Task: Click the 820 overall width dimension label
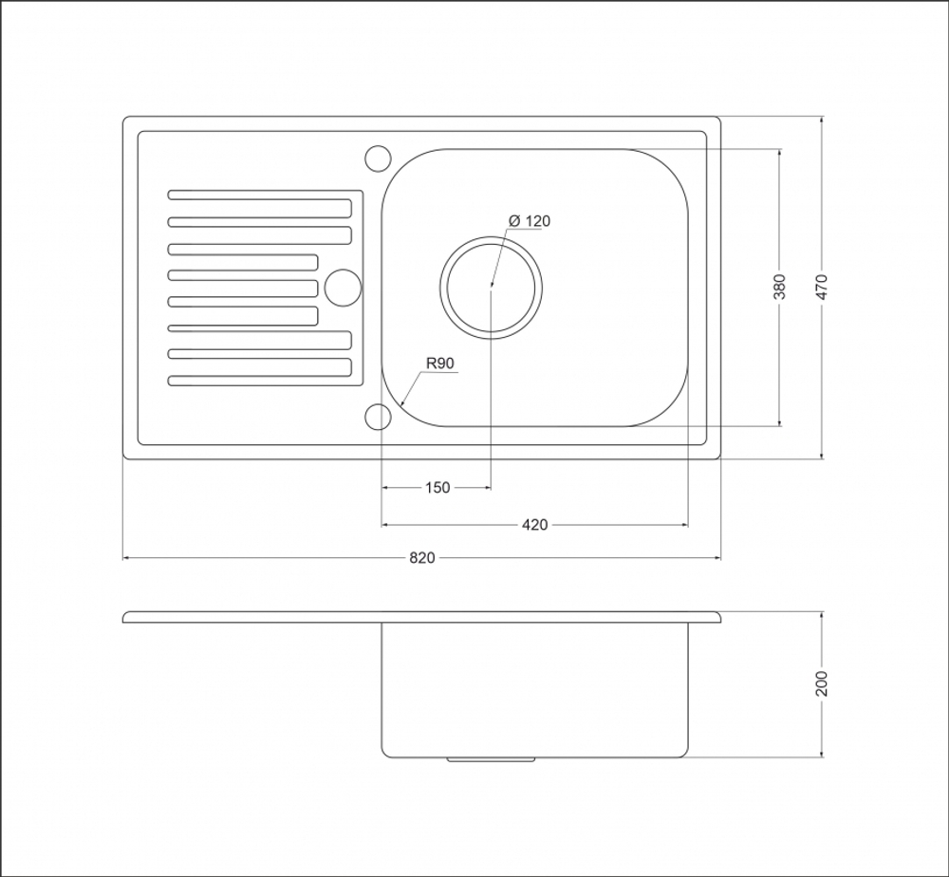(x=422, y=557)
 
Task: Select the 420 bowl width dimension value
(x=534, y=525)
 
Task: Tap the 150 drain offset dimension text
(x=437, y=487)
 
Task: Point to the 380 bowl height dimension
(x=779, y=287)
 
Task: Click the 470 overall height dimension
(x=821, y=287)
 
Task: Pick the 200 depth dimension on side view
(x=821, y=683)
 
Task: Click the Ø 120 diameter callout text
(x=530, y=221)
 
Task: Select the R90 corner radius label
(x=440, y=364)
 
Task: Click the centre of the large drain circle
(x=491, y=288)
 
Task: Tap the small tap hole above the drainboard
(x=379, y=158)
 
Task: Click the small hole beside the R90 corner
(x=379, y=417)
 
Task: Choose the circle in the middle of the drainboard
(x=344, y=288)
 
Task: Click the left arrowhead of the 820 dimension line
(x=126, y=557)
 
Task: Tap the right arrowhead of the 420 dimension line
(x=684, y=525)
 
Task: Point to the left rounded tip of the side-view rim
(x=124, y=617)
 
